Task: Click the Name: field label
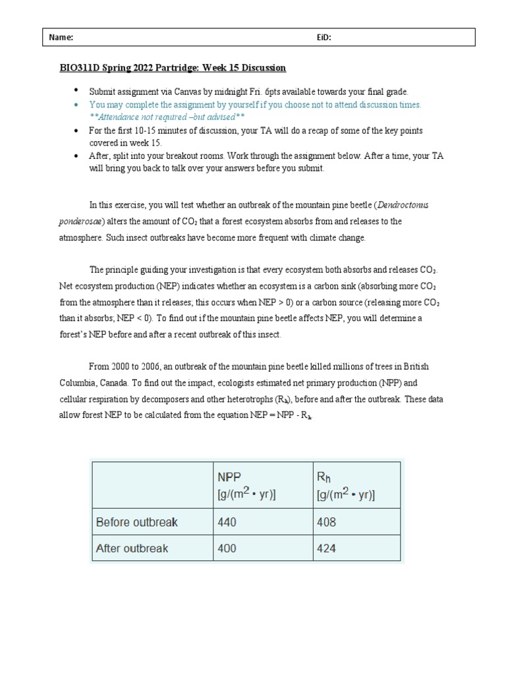pyautogui.click(x=61, y=38)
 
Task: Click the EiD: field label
pyautogui.click(x=323, y=38)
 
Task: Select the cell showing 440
pyautogui.click(x=227, y=523)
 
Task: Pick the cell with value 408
pyautogui.click(x=326, y=523)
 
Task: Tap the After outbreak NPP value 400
pyautogui.click(x=227, y=548)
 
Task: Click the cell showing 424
pyautogui.click(x=326, y=548)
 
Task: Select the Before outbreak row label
pyautogui.click(x=137, y=523)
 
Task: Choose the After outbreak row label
pyautogui.click(x=132, y=548)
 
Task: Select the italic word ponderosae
pyautogui.click(x=80, y=221)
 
